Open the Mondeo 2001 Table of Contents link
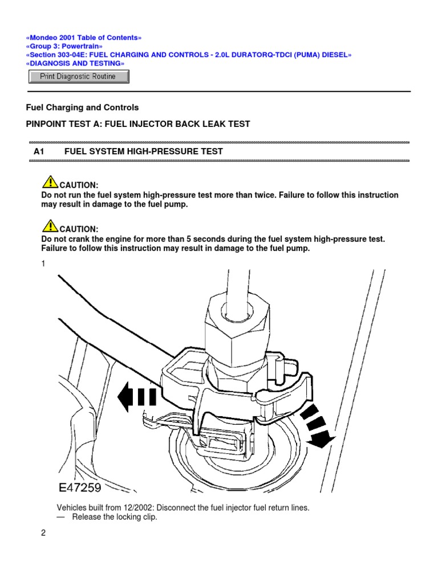[x=84, y=38]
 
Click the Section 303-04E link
[x=189, y=55]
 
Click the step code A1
[x=39, y=151]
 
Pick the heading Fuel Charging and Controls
[x=83, y=107]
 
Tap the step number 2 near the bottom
[x=43, y=533]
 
